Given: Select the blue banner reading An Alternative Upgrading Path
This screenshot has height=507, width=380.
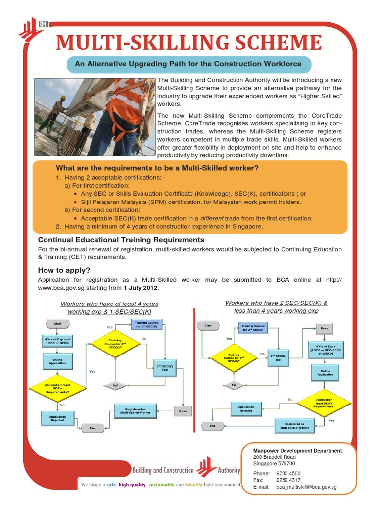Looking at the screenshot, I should tap(188, 64).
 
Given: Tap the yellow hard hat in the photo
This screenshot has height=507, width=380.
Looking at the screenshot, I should tap(63, 98).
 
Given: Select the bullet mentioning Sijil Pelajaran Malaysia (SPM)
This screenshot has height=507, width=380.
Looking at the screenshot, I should tap(190, 202).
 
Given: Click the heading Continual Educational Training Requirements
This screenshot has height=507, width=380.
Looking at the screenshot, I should tap(121, 240).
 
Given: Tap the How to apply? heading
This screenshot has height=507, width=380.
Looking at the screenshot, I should tap(64, 270).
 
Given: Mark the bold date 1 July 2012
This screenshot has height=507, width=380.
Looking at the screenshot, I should tap(142, 288).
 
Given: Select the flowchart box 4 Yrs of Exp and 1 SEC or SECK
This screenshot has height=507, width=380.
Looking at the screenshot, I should tap(57, 341).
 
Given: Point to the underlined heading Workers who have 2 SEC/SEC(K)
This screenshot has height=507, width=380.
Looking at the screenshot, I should tap(276, 303).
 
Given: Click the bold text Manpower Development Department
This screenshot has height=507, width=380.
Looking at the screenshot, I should tap(297, 451).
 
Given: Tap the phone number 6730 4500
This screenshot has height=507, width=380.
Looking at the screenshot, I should tap(288, 474).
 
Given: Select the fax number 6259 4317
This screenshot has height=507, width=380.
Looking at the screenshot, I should tap(288, 480).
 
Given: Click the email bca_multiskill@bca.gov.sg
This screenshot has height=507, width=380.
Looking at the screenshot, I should tap(306, 487).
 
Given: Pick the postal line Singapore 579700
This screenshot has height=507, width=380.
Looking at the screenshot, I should tap(274, 464).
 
